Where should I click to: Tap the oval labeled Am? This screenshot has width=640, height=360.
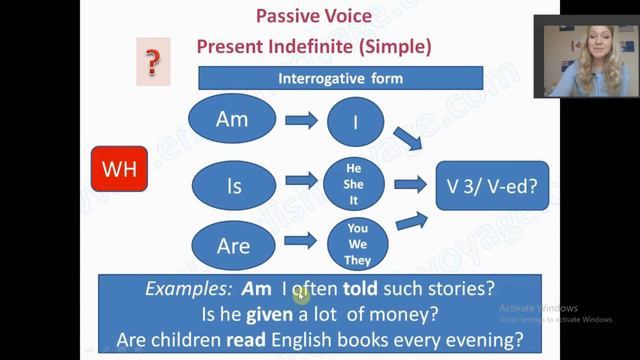click(231, 120)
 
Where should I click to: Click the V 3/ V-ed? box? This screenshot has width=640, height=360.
click(492, 184)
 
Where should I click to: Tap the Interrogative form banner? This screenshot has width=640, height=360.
click(340, 78)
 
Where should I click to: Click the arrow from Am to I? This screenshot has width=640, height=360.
click(301, 121)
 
